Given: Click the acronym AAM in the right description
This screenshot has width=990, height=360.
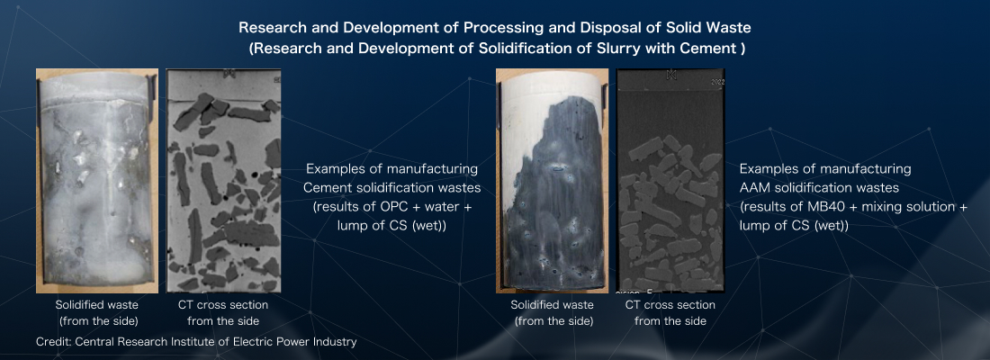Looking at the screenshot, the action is coord(752,187).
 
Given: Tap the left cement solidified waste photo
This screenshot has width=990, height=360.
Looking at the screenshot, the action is coord(96,181).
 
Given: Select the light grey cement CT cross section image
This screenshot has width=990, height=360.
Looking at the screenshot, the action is coord(223,181).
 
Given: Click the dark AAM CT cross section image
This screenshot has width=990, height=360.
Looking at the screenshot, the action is coord(671,181).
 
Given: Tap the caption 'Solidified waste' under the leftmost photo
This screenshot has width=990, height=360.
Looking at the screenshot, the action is coord(98,305).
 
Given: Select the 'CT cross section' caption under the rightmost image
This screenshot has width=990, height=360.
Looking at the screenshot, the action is coord(670,305).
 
